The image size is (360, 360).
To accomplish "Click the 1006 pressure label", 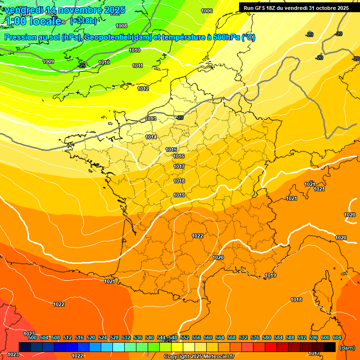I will pos(207,11).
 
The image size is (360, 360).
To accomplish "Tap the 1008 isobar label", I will pos(121,26).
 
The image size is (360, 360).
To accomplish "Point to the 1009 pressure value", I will pos(48,61).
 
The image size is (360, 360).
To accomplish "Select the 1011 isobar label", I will pos(137,66).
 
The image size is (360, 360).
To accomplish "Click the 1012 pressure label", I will pos(143,89).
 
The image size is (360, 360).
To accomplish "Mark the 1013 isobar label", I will pos(151,119).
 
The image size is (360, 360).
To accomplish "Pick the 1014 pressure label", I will pos(151,137).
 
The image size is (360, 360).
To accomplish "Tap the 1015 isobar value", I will pos(171,150).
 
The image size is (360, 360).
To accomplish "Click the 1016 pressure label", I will pos(179,156).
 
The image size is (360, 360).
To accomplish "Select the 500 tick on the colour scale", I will pos(32,337).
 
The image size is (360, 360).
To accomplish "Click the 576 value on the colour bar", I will pos(255,337).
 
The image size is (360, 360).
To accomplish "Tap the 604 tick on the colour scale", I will pos(337,337).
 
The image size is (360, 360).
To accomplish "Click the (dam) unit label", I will pos(347,348).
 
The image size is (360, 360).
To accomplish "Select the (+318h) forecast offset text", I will pos(83,21).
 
